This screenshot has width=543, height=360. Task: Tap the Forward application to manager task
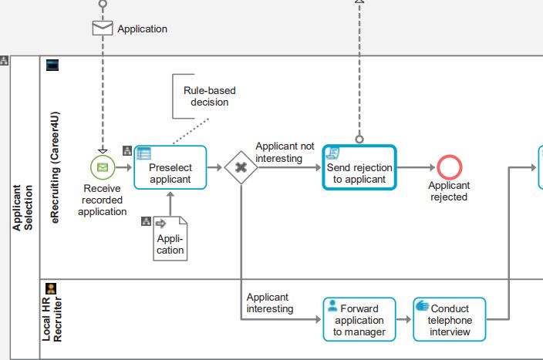click(359, 320)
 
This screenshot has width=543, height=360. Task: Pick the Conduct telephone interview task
click(450, 320)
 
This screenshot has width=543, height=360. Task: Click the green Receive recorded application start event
click(102, 167)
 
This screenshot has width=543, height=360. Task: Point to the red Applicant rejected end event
click(449, 167)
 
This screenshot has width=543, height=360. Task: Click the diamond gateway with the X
click(241, 167)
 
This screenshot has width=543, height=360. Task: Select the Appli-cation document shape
click(170, 238)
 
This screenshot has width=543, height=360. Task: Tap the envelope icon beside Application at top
click(102, 29)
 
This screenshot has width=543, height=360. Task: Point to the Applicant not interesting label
click(285, 152)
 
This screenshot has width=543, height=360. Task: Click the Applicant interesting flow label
click(270, 303)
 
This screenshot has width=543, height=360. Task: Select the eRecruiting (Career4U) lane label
click(55, 167)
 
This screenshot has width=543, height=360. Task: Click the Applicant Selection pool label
click(22, 207)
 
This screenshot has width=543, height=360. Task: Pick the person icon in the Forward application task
click(332, 306)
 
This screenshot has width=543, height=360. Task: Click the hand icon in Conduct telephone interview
click(422, 306)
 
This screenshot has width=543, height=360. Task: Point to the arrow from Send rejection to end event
click(416, 167)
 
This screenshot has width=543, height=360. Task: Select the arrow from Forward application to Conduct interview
click(404, 320)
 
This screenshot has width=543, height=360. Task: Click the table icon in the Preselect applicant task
click(143, 153)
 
